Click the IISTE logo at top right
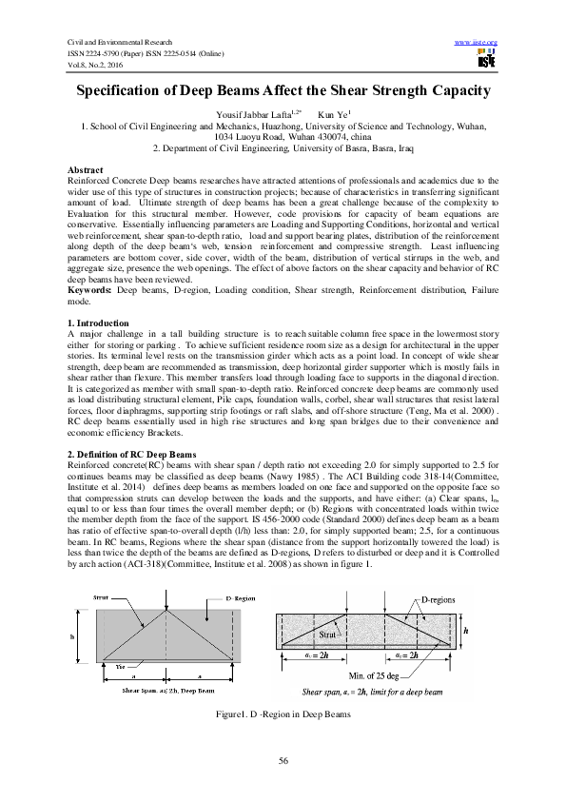click(487, 62)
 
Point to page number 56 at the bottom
click(283, 758)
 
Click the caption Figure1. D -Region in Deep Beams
click(283, 713)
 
